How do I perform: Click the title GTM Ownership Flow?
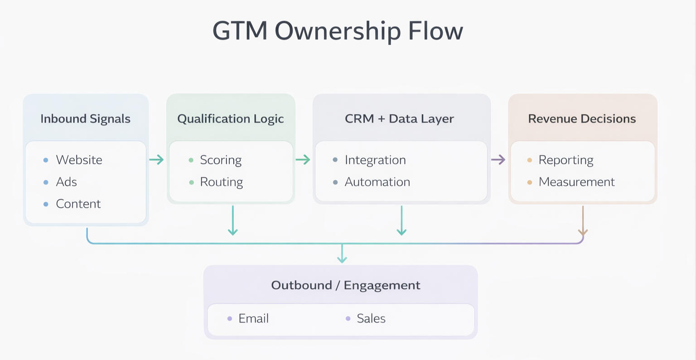coord(338,31)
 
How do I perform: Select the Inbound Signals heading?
coord(85,119)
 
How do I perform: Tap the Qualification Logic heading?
coord(230,119)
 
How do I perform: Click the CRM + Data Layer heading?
coord(399,119)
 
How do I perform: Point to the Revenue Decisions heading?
coord(582,119)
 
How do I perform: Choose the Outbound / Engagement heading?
coord(346,285)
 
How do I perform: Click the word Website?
coord(79,160)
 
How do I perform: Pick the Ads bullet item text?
coord(66,182)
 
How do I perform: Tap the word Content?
coord(78,204)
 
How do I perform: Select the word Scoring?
coord(221,160)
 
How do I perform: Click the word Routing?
coord(221,182)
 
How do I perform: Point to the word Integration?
coord(375,160)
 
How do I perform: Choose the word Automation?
coord(377,182)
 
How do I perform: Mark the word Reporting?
coord(566,160)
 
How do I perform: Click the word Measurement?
coord(576,182)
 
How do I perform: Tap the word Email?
coord(253,319)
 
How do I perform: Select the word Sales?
coord(371,319)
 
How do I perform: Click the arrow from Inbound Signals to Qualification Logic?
coord(156,160)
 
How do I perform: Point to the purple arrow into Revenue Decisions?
coord(498,160)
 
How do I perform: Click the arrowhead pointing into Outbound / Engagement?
coord(342,259)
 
